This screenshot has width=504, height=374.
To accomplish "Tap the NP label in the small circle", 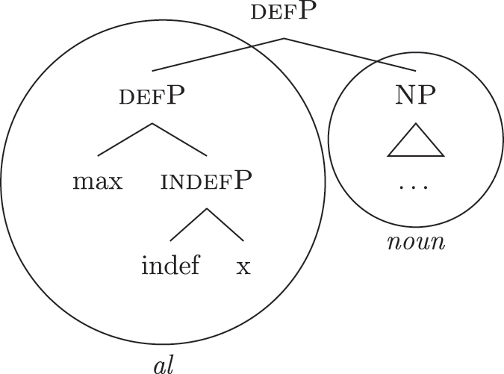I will tap(415, 98).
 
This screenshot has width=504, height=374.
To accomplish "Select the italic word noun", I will tap(415, 243).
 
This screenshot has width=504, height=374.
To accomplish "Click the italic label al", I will tap(164, 364).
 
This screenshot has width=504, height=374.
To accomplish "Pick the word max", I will tap(98, 181).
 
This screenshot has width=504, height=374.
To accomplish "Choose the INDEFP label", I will tap(207, 181).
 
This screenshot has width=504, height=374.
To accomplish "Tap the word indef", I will tap(171, 265).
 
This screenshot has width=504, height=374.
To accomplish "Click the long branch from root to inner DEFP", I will tap(217, 54).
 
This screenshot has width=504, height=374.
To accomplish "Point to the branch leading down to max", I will tap(125, 140).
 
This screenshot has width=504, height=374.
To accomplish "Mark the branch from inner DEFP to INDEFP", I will tap(180, 140).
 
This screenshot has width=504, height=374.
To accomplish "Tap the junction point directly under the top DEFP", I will tap(284, 38).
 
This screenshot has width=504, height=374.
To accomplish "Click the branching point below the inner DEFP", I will tap(152, 123).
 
